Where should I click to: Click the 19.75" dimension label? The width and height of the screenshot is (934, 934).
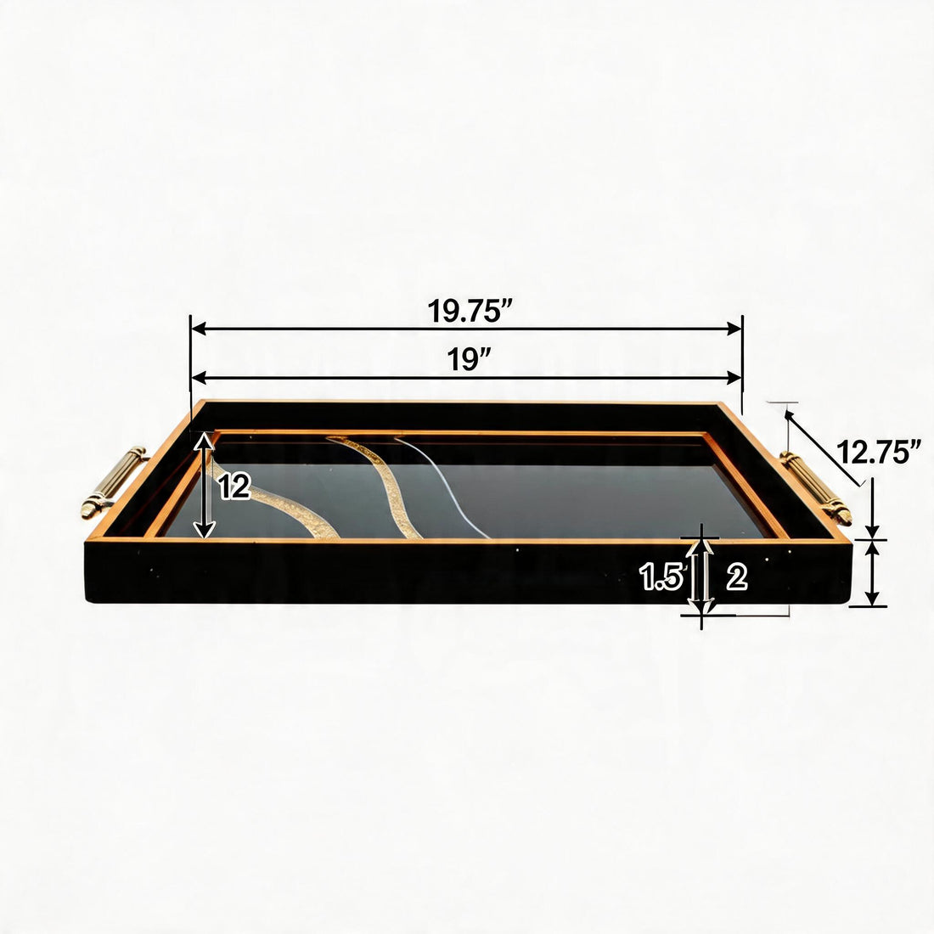coord(470,310)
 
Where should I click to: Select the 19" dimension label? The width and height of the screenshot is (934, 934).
coord(469,359)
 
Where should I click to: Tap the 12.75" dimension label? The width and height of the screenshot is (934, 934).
coord(879,452)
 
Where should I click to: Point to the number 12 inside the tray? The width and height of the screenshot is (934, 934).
coord(234,487)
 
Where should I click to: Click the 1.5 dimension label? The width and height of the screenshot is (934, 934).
coord(661,577)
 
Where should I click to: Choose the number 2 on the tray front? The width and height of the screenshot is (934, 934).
coord(737,577)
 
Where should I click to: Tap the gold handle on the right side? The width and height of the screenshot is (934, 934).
coord(815,488)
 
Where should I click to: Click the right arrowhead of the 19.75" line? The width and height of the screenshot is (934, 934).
coord(734,329)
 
